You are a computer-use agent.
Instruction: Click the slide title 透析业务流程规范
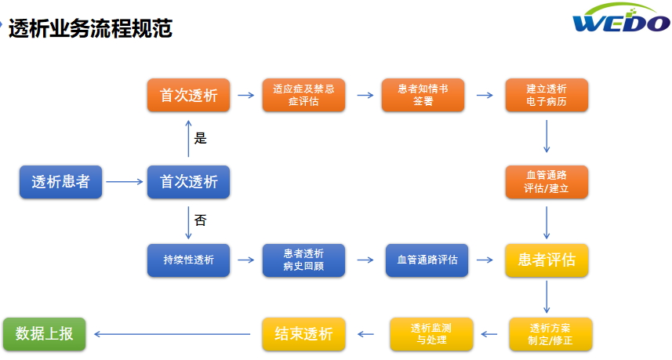(x=90, y=29)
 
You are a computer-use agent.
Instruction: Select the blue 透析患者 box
(x=61, y=182)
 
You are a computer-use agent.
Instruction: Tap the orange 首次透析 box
(x=188, y=95)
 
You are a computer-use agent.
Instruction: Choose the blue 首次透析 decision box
(x=188, y=182)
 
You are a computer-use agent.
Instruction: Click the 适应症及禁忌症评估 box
(x=304, y=95)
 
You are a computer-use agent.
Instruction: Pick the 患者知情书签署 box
(x=423, y=95)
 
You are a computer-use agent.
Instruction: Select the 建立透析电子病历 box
(x=547, y=95)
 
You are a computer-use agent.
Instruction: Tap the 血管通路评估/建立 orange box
(x=547, y=182)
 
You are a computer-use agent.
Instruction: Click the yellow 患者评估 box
(x=547, y=260)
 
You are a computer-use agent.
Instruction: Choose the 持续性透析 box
(x=188, y=260)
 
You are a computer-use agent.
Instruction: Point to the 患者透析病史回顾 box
(x=304, y=260)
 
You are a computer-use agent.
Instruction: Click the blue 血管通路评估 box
(x=427, y=260)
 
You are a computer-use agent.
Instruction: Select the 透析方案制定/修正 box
(x=550, y=334)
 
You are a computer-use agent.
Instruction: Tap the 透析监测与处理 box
(x=431, y=334)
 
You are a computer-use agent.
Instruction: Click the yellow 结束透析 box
(x=304, y=334)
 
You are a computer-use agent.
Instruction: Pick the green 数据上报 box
(x=45, y=334)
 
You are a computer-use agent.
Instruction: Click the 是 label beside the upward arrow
(x=201, y=138)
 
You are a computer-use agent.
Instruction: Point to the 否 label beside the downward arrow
(x=201, y=220)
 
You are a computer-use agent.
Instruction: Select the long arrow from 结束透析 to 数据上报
(x=173, y=334)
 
